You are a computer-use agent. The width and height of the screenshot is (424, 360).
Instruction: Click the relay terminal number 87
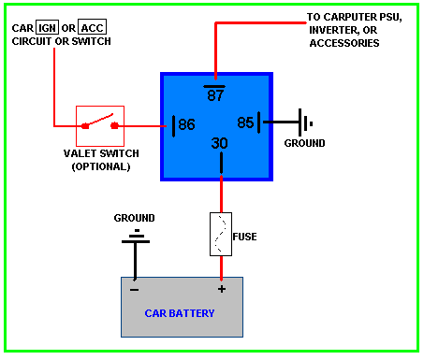click(x=215, y=95)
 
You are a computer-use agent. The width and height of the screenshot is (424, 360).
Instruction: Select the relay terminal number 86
click(x=186, y=124)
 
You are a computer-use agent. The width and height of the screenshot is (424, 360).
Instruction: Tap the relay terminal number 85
click(x=245, y=122)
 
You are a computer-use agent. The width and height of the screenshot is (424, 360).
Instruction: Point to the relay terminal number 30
click(x=220, y=143)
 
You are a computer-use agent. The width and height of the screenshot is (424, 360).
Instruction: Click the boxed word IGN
click(x=47, y=28)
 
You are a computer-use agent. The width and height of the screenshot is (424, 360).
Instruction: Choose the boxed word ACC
click(x=92, y=28)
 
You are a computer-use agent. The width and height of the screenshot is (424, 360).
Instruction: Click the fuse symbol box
click(x=221, y=234)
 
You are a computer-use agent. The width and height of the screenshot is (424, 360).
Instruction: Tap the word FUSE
click(x=244, y=237)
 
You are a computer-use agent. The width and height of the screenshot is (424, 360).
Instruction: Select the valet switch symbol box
click(x=100, y=126)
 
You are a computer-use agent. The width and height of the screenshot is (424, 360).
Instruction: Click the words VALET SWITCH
click(x=101, y=153)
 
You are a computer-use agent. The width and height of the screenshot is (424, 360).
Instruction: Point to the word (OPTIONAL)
click(x=101, y=166)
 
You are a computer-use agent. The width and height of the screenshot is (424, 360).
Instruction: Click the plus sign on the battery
click(x=222, y=289)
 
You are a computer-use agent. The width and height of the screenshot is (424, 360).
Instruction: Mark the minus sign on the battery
click(x=135, y=290)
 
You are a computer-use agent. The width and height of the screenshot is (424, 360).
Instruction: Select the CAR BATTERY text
click(x=180, y=313)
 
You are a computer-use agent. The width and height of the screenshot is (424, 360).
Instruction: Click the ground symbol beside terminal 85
click(x=305, y=122)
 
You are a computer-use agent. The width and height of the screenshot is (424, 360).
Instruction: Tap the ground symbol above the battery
click(x=136, y=238)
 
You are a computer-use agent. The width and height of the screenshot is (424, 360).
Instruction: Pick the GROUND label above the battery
click(x=134, y=218)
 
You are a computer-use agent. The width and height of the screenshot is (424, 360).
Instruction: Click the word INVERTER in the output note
click(x=334, y=30)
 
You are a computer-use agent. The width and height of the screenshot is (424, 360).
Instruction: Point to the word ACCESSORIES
click(x=344, y=43)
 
